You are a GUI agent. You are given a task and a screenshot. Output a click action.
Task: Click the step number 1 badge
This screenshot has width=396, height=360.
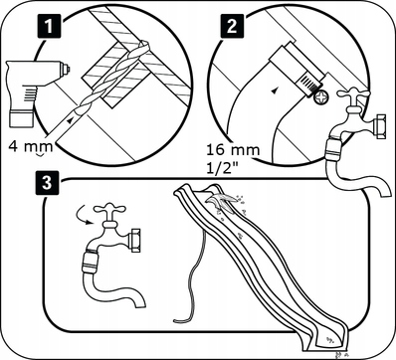pos(49,26)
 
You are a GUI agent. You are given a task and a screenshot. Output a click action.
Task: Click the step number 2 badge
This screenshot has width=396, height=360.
pos(232,26)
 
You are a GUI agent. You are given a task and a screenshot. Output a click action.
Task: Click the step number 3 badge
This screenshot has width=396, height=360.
pos(47,183)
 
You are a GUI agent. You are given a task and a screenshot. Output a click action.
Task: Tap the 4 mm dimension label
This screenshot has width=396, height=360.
pos(31,146)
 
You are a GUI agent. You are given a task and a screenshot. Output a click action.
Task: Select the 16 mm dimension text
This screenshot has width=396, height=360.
pos(233,150)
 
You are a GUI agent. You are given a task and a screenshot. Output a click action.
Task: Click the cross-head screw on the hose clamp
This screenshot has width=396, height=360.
pos(321,98)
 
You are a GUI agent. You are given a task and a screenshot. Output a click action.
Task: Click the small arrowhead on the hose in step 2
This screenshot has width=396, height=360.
pos(274,90)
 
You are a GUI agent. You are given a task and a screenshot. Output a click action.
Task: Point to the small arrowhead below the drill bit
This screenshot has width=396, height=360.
pos(70,121)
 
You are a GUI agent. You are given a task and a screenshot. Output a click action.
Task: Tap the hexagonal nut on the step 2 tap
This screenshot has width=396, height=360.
pos(379,126)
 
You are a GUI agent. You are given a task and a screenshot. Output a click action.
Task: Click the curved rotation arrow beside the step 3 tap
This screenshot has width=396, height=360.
pos(85,215)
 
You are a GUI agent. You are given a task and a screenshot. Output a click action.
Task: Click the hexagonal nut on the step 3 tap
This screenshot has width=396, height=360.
pos(135,240)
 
